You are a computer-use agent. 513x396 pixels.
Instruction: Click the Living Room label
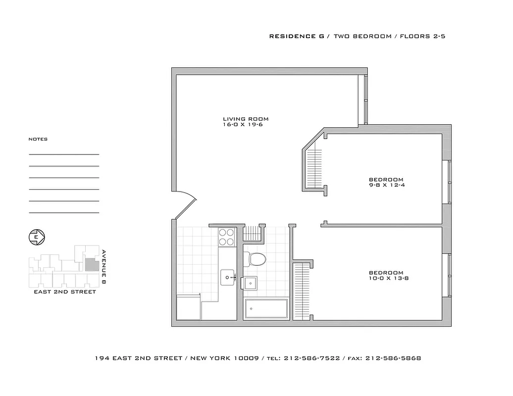tap(246, 119)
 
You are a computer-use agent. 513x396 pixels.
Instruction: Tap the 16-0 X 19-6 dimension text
tap(246, 125)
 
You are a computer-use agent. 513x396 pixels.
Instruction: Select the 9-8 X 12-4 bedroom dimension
tap(386, 186)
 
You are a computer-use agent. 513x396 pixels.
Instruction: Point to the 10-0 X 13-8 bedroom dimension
tap(389, 279)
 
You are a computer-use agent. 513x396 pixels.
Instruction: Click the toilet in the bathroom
tap(256, 258)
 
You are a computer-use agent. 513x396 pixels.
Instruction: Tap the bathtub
tap(266, 309)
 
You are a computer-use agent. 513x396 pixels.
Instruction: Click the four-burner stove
tap(227, 237)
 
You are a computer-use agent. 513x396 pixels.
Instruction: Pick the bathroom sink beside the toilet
tap(251, 283)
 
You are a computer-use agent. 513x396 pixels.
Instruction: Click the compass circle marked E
tap(36, 237)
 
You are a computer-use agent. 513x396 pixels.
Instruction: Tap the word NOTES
tap(38, 140)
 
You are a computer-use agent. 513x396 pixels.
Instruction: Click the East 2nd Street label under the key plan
tap(65, 292)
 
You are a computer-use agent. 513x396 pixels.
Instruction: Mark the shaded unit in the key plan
tap(91, 264)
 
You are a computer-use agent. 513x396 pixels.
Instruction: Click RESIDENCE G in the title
tap(296, 37)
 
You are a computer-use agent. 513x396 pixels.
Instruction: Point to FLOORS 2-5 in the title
tap(423, 37)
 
